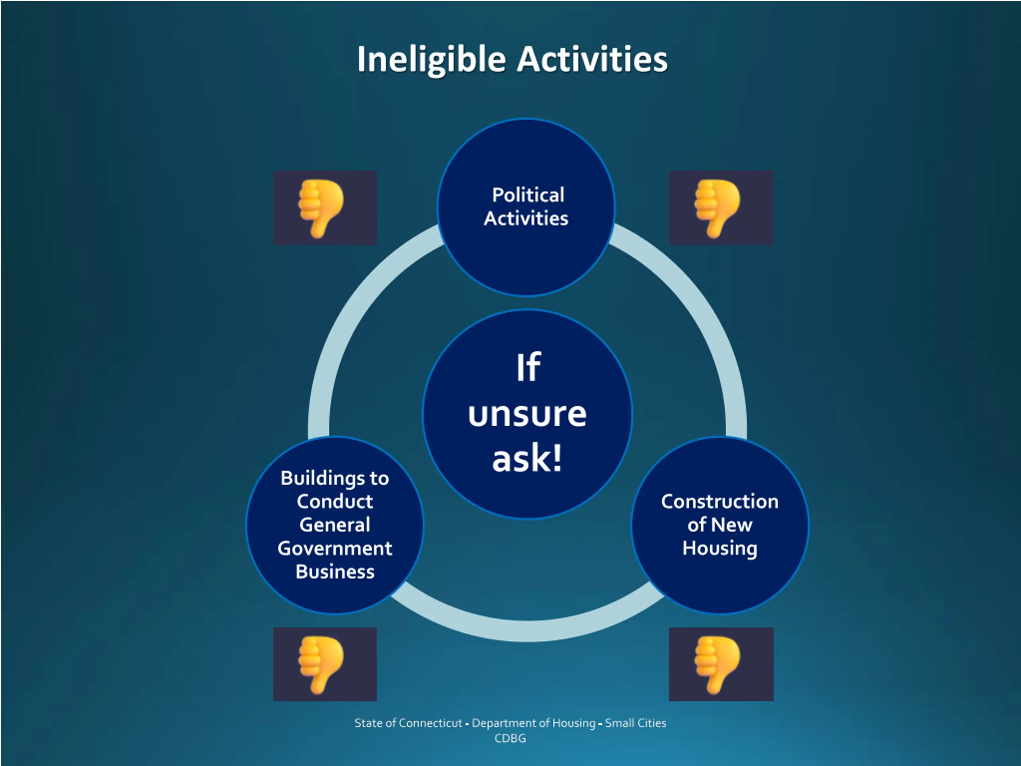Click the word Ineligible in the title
pyautogui.click(x=431, y=60)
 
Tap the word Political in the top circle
pyautogui.click(x=528, y=195)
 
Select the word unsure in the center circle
pyautogui.click(x=527, y=414)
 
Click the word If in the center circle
pyautogui.click(x=528, y=367)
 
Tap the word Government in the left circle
pyautogui.click(x=335, y=549)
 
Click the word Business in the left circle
pyautogui.click(x=335, y=572)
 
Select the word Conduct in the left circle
pyautogui.click(x=335, y=501)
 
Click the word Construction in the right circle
pyautogui.click(x=719, y=501)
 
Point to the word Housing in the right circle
pyautogui.click(x=719, y=549)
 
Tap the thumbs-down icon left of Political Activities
pyautogui.click(x=325, y=208)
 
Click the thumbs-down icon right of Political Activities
pyautogui.click(x=721, y=208)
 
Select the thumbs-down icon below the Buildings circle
pyautogui.click(x=325, y=664)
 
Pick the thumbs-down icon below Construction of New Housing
pyautogui.click(x=721, y=664)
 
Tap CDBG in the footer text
pyautogui.click(x=510, y=738)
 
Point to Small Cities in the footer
pyautogui.click(x=636, y=723)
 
